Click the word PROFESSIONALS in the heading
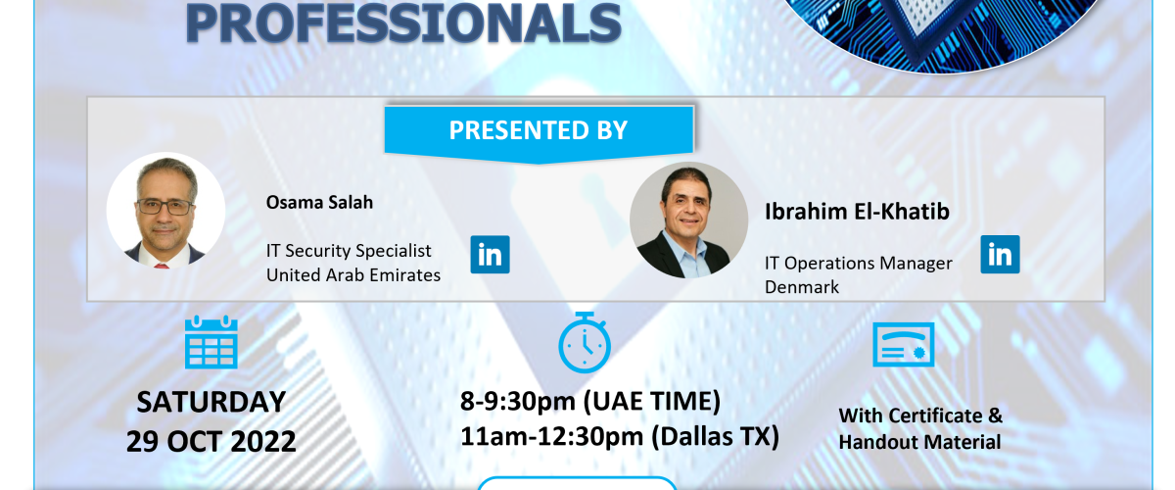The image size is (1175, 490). point(402,24)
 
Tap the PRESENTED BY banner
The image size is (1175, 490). point(539,133)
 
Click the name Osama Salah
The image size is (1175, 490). point(319,202)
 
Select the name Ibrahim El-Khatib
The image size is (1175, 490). point(857,211)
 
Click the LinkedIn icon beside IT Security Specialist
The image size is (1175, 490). point(490,255)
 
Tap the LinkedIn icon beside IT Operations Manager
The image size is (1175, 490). point(1001,255)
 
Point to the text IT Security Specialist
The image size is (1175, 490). point(349,251)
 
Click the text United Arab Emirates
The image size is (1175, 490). point(353,275)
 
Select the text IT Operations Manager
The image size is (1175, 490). point(858,263)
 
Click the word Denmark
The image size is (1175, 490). point(802,287)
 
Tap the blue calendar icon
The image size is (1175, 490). point(211,342)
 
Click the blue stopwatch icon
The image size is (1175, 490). point(585,342)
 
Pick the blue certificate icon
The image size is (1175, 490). point(903,345)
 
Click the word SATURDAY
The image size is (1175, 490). point(211,403)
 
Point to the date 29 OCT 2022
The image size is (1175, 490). point(211,441)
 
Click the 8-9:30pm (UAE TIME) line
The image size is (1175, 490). point(590,402)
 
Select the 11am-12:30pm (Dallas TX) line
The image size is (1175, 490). point(620,437)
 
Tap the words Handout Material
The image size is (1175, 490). point(919,442)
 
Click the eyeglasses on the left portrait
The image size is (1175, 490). point(164,207)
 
